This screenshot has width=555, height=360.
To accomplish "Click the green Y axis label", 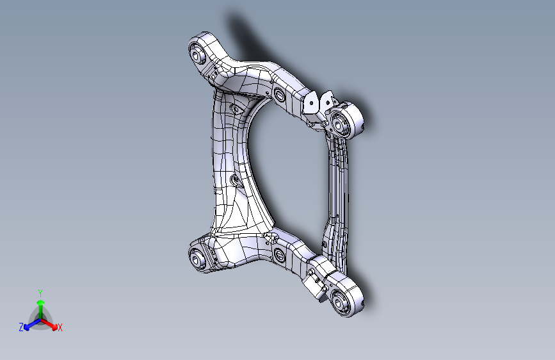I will coord(40,293).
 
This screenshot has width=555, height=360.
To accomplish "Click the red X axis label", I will coord(60,328).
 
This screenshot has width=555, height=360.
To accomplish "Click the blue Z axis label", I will coord(21,327).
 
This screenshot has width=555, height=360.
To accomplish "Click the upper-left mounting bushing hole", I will coord(197,54).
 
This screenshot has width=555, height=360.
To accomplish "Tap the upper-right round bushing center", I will coord(340,122).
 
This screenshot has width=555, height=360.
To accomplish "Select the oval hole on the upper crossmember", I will coord(278,97).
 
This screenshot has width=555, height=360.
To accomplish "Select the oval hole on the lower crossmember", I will coord(278,257).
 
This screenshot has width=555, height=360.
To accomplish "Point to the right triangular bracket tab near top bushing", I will coord(328,99).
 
